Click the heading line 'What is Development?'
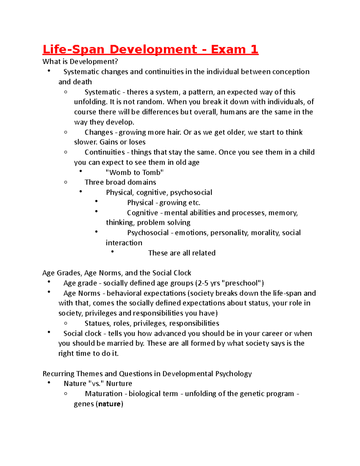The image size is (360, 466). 80,62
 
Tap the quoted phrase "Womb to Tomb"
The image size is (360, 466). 135,172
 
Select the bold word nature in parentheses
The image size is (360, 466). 109,404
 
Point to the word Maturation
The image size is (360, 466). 103,394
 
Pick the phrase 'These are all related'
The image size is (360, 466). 181,253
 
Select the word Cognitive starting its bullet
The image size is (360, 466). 142,213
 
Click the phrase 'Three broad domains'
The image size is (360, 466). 120,182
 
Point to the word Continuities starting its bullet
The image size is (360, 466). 104,152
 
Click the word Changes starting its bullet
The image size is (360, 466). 99,132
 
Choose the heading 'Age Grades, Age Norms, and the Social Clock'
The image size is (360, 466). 117,273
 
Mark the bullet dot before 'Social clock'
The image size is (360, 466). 49,332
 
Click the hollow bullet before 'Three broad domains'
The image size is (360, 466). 66,182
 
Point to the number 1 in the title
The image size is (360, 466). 254,50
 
